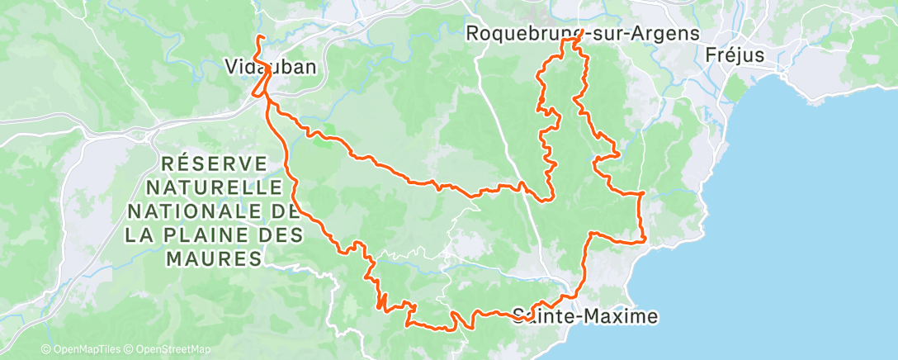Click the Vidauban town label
coord(271,69)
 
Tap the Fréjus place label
coord(736,56)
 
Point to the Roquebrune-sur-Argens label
coord(583,34)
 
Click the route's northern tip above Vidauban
coord(259,38)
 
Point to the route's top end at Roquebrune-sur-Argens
coord(583,31)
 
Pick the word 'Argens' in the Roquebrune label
coord(665,34)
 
